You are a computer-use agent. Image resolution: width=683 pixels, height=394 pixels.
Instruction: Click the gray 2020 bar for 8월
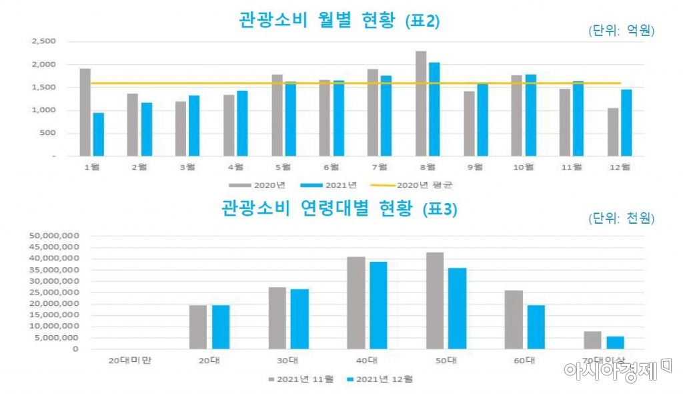point(421,104)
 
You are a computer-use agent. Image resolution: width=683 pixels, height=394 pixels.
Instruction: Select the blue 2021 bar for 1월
point(98,134)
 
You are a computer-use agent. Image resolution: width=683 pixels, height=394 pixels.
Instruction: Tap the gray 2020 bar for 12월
point(613,132)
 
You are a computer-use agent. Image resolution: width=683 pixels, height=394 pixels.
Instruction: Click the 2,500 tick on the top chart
point(43,41)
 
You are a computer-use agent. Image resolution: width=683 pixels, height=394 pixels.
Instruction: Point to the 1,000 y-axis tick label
point(43,110)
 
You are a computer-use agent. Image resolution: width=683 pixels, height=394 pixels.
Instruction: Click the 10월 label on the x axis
point(524,166)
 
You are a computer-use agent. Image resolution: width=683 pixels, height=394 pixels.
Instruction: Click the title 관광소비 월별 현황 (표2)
point(339,21)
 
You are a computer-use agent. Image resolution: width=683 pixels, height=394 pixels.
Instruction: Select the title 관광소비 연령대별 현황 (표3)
point(339,209)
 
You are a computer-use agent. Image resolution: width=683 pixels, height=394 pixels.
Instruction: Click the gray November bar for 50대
point(435,301)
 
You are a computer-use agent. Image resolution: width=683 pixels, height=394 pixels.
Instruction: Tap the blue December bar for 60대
point(536,327)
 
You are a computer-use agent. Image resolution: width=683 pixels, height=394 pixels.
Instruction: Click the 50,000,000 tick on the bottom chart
point(55,236)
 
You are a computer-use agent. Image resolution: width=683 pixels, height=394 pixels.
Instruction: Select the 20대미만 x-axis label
point(129,360)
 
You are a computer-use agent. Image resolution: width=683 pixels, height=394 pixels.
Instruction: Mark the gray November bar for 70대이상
point(592,340)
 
